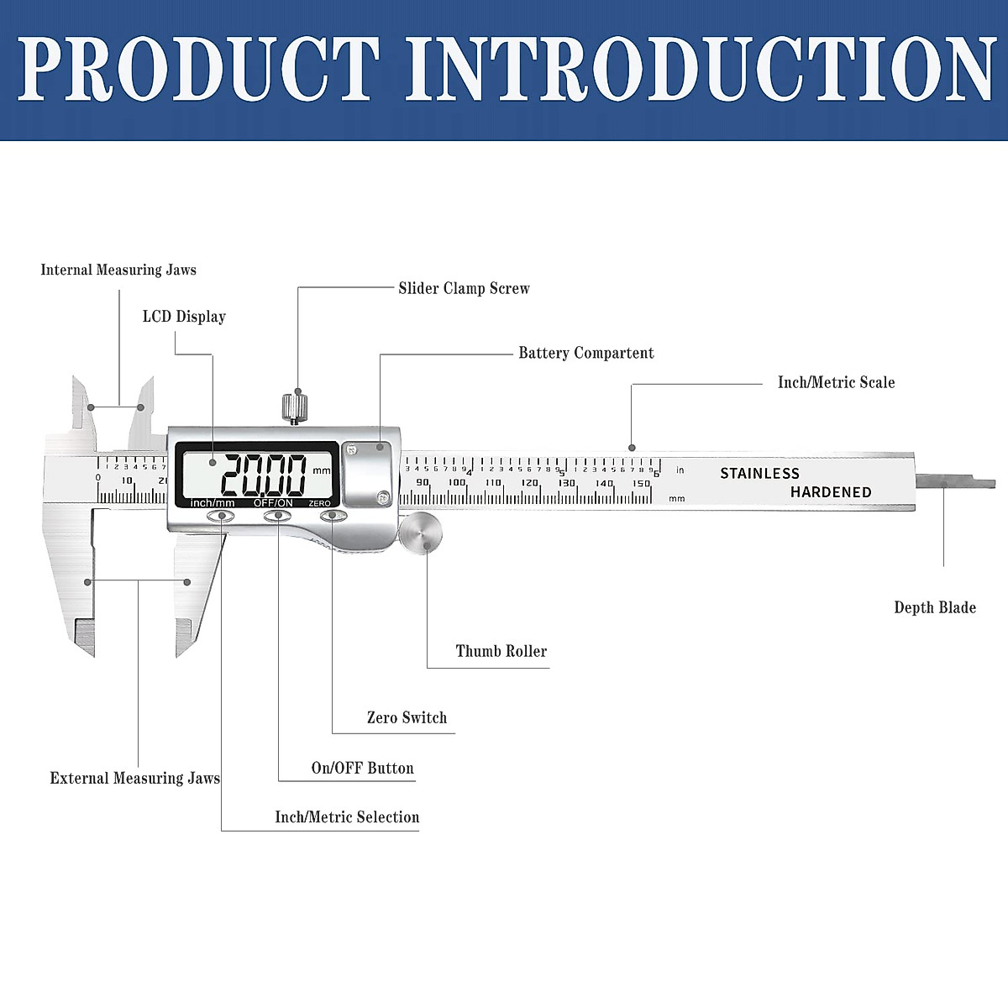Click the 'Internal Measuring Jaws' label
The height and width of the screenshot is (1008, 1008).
(x=118, y=270)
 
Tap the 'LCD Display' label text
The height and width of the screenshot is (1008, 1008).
(x=184, y=317)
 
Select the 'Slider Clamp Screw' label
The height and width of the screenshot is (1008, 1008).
(x=464, y=288)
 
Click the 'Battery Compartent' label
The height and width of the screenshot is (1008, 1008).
(x=585, y=353)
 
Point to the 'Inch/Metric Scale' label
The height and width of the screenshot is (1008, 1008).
(x=836, y=382)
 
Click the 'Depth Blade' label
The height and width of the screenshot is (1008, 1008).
(x=934, y=607)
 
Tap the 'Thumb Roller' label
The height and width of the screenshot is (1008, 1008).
(x=501, y=651)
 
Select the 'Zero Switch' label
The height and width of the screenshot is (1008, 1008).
(x=407, y=717)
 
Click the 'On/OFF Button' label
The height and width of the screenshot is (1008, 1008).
(x=362, y=768)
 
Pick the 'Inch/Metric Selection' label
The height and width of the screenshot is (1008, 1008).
(x=347, y=816)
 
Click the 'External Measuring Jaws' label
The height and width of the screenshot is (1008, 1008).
(x=134, y=778)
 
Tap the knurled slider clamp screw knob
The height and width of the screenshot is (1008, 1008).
(x=292, y=406)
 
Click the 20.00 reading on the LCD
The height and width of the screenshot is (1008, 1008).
(x=262, y=475)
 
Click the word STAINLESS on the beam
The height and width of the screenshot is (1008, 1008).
(x=759, y=473)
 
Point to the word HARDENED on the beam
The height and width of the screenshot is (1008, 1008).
(x=830, y=492)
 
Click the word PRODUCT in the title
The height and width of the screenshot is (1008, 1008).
(x=198, y=69)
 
